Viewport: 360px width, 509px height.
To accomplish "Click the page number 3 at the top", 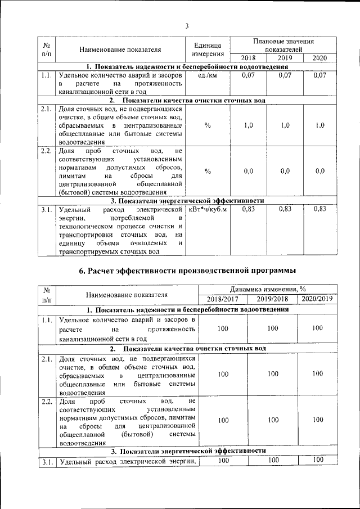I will point(187,25).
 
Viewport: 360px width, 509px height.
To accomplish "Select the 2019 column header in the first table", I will point(285,58).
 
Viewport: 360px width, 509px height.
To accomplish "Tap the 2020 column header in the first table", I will point(319,58).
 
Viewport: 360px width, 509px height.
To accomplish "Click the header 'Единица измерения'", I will point(208,49).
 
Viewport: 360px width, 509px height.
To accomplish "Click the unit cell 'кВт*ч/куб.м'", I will point(208,209).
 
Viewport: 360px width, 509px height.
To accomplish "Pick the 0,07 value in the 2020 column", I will point(319,75).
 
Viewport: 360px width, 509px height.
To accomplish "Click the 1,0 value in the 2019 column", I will point(285,125).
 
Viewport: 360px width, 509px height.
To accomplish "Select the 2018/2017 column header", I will point(223,299).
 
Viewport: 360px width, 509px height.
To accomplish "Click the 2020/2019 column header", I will point(318,298).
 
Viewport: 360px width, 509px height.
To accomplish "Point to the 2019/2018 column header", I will point(272,299).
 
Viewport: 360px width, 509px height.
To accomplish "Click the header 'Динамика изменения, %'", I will point(268,289).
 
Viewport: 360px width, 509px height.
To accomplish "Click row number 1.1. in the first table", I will point(47,75).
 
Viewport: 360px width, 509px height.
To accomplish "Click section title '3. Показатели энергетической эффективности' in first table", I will point(187,200).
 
